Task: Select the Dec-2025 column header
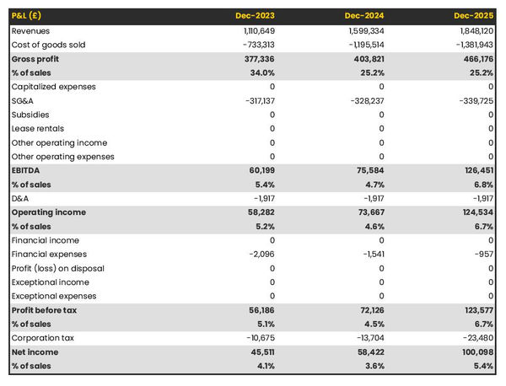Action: point(475,16)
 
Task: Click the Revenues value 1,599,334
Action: point(365,30)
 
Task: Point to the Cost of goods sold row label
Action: point(48,45)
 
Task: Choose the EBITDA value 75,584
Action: point(369,170)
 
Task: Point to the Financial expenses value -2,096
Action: point(261,255)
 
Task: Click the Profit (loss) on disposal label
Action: point(58,268)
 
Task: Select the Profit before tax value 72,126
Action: point(369,310)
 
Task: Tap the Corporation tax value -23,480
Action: point(477,338)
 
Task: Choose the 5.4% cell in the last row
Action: point(482,366)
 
